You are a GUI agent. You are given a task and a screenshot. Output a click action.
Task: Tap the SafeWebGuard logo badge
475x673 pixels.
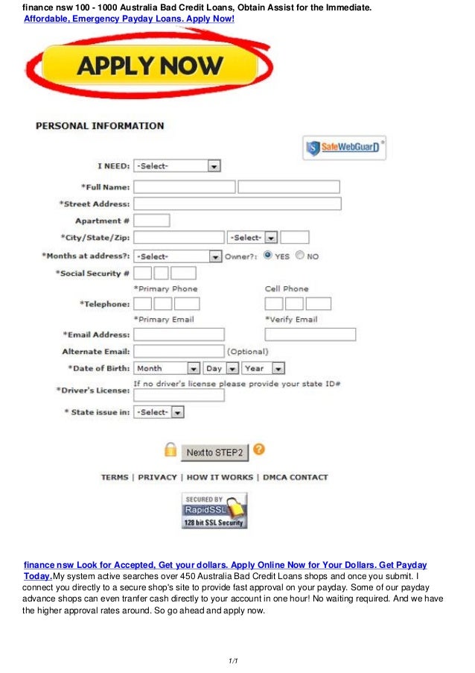coord(344,148)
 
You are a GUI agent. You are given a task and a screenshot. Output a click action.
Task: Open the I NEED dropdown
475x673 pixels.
coord(176,166)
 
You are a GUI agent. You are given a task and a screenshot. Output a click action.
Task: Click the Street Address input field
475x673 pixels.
coord(237,203)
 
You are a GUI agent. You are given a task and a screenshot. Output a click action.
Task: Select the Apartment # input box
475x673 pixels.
coord(151,221)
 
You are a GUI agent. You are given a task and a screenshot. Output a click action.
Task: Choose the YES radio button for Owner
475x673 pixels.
coord(268,255)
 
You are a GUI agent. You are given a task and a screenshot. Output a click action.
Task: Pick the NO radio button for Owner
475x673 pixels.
coord(300,255)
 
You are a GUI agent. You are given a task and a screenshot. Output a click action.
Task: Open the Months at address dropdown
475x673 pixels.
coord(176,256)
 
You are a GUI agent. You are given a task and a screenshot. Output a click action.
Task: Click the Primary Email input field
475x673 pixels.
coord(179,335)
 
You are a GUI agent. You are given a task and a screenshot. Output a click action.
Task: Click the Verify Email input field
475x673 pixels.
coord(310,335)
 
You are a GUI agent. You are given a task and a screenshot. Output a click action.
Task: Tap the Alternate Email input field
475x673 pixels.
coord(179,351)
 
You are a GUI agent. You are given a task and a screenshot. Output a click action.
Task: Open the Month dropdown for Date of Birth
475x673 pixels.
coord(168,368)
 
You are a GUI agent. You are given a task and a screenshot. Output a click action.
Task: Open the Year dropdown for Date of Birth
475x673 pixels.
coord(264,368)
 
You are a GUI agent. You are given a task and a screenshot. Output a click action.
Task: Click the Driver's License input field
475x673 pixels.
coord(179,395)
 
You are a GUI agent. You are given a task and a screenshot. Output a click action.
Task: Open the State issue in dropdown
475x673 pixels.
coord(159,412)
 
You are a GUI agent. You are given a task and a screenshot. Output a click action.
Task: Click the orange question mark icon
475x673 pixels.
coord(259,449)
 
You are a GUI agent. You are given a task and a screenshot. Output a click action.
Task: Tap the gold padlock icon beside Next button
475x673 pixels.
coord(170,450)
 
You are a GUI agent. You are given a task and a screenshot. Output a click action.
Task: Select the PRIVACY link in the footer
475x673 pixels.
coord(158,477)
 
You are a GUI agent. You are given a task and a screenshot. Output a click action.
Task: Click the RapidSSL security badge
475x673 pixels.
coord(214,511)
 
